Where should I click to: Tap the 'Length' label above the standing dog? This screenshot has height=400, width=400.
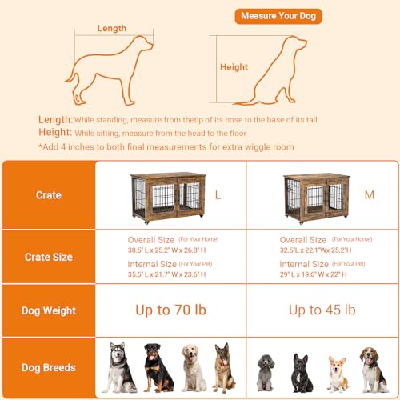click(x=112, y=29)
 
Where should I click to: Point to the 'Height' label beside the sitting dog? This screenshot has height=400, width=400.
click(x=234, y=67)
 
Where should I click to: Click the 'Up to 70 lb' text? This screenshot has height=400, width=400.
click(x=170, y=310)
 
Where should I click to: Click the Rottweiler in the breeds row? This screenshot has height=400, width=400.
click(x=156, y=368)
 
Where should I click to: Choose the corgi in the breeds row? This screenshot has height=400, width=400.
click(x=335, y=372)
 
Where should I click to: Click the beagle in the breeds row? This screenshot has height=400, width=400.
click(x=369, y=367)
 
